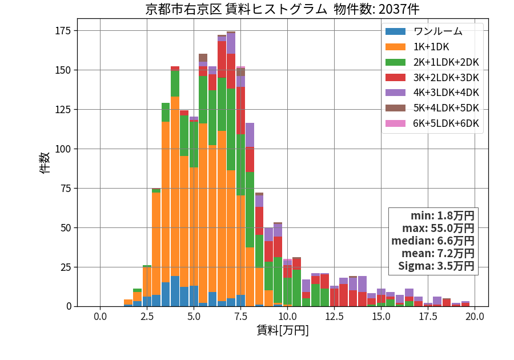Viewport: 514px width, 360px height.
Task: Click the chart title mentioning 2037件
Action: (x=282, y=9)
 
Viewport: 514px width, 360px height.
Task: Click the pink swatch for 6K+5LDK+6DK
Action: (x=395, y=123)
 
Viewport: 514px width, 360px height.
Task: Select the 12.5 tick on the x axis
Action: (x=334, y=317)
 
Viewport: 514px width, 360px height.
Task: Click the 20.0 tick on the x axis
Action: (x=475, y=317)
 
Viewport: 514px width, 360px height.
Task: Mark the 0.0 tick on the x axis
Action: (x=100, y=317)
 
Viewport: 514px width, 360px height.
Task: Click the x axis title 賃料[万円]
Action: (x=283, y=330)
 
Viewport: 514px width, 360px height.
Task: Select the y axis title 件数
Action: (x=45, y=162)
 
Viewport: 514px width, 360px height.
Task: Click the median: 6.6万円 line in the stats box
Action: (x=433, y=241)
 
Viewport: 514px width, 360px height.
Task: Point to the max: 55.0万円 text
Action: (x=438, y=228)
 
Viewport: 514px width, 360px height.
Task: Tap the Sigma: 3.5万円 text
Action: (x=436, y=266)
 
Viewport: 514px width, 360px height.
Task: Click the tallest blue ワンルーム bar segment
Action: (x=175, y=291)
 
